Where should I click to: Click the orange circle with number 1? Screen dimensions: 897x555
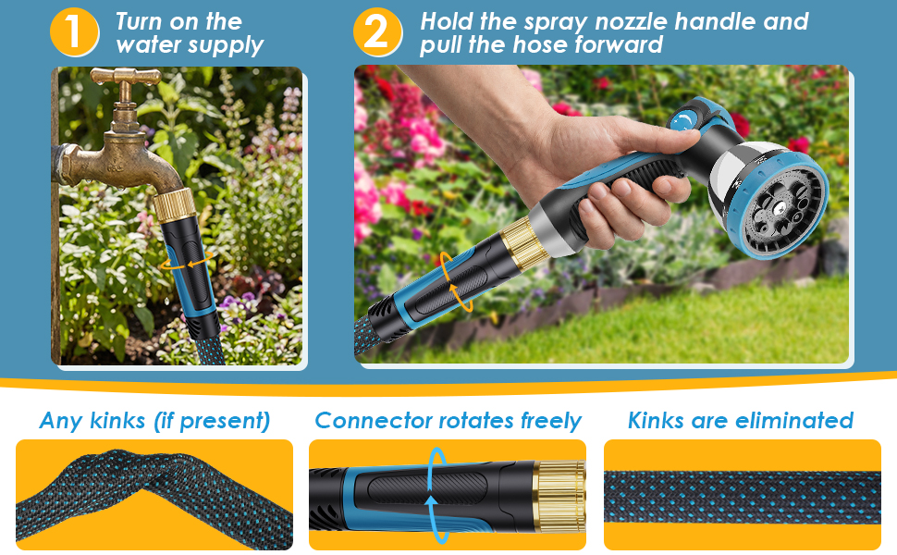pos(74,32)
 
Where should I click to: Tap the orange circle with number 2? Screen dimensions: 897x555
pos(377,32)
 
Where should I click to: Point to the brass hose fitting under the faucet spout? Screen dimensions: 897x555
pos(175,204)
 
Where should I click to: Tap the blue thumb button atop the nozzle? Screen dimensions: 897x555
pos(683,121)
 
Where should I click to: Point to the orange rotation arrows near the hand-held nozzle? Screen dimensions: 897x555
pos(455,282)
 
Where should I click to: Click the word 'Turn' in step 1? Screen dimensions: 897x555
pos(139,22)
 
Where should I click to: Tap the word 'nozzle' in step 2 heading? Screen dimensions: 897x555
pos(631,22)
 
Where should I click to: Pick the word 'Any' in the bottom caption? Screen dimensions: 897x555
pos(61,421)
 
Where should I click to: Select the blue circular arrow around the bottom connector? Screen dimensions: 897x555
pos(431,496)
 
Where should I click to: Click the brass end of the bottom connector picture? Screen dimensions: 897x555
pos(559,496)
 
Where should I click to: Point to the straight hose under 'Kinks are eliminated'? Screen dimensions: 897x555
pos(742,497)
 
